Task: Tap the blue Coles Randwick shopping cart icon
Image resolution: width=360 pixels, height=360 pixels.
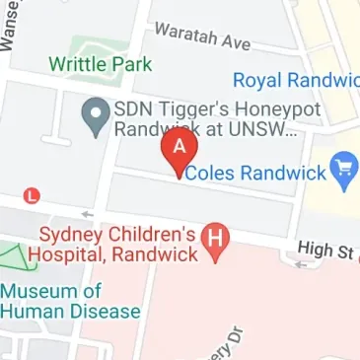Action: pyautogui.click(x=344, y=174)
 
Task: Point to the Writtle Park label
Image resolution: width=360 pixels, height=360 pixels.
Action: pyautogui.click(x=100, y=65)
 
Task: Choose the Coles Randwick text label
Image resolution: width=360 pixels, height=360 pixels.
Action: pyautogui.click(x=256, y=173)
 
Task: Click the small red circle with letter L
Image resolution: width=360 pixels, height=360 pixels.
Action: pyautogui.click(x=35, y=195)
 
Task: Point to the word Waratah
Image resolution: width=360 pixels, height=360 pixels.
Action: pyautogui.click(x=183, y=36)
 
